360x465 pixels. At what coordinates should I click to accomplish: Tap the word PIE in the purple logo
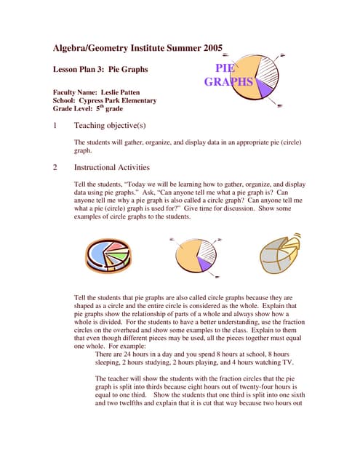(x=227, y=69)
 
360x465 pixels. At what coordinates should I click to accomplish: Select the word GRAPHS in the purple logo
(x=228, y=82)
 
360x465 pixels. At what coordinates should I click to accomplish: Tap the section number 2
(x=55, y=167)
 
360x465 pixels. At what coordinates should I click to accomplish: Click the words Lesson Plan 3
(x=79, y=70)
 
